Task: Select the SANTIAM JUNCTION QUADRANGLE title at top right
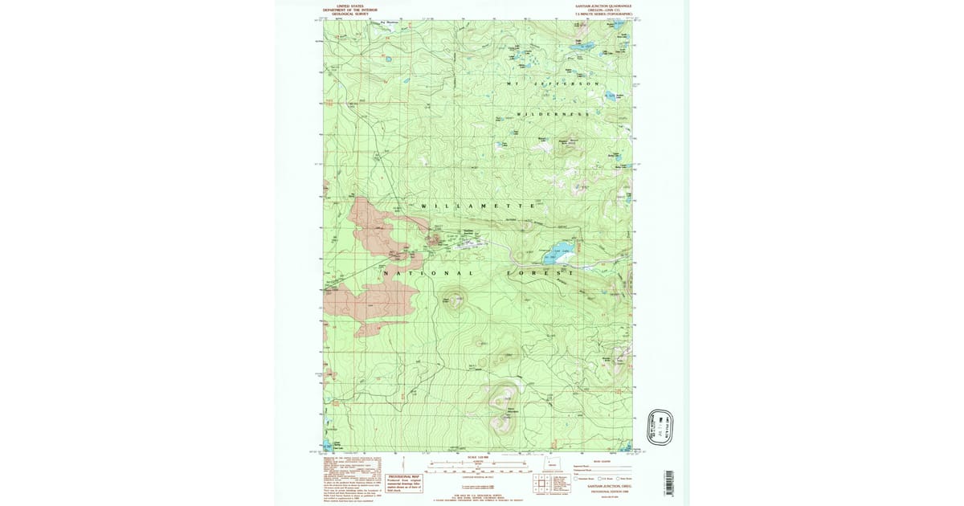(x=602, y=9)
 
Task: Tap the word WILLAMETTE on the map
(x=478, y=206)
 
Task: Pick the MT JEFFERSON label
(x=553, y=84)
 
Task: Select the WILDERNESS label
(x=553, y=114)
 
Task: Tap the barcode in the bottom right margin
(x=671, y=481)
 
